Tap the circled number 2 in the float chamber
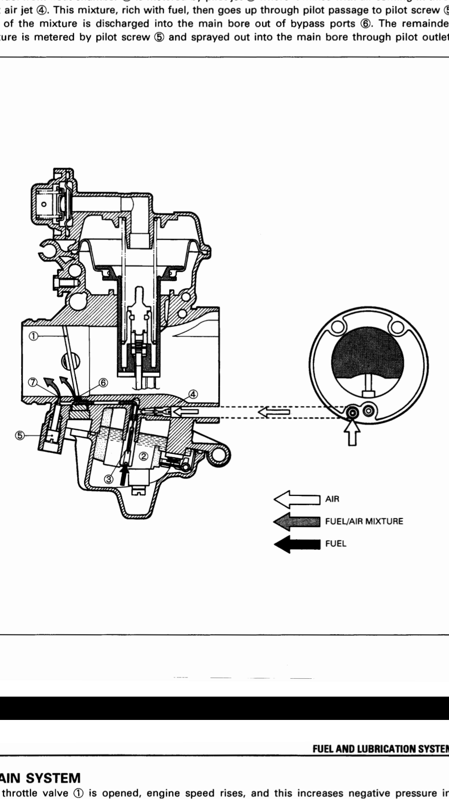click(x=143, y=456)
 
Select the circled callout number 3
click(x=108, y=479)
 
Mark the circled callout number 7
click(x=34, y=382)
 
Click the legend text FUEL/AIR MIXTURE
click(x=364, y=521)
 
